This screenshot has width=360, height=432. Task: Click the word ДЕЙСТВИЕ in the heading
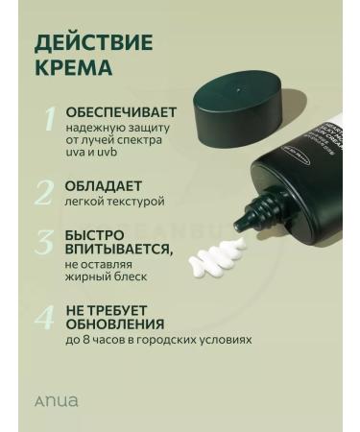pos(94,43)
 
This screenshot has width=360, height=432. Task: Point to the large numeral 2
pos(45,191)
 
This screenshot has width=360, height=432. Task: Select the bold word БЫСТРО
pos(94,234)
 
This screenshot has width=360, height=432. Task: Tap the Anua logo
pos(59,400)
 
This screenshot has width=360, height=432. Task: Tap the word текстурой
pos(136,202)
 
